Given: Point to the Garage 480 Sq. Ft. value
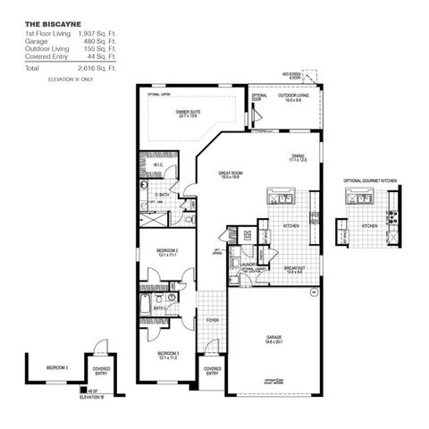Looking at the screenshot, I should click(x=107, y=42).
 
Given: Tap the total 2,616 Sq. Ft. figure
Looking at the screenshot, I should click(x=105, y=68).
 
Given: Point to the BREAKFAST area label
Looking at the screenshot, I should click(x=296, y=268).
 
